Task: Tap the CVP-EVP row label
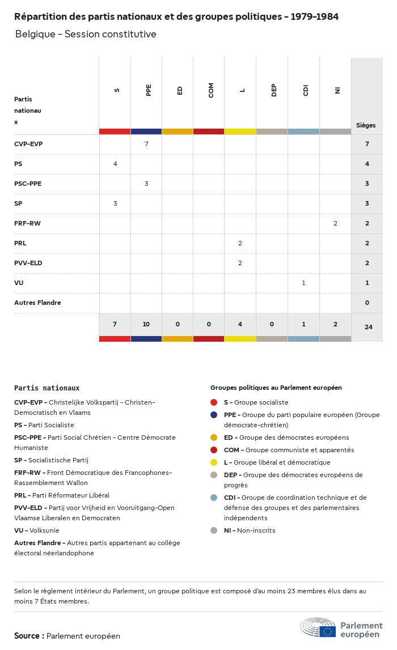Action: tap(28, 144)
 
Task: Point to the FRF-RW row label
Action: tap(27, 223)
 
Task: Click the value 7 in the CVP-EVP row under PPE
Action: tap(146, 144)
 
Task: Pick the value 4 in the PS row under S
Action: tap(115, 164)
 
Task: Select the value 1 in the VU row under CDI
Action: tap(304, 283)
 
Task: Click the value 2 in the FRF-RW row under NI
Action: tap(335, 223)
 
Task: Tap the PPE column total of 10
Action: tap(146, 324)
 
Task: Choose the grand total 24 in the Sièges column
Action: tap(368, 327)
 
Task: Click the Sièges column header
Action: tap(366, 125)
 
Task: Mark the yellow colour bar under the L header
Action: tap(240, 131)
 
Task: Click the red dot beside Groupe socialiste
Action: tap(214, 402)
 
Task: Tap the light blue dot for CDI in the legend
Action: tap(214, 498)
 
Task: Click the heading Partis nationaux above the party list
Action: tap(47, 388)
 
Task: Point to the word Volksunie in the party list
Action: tap(44, 530)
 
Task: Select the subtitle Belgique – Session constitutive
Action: tap(86, 35)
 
